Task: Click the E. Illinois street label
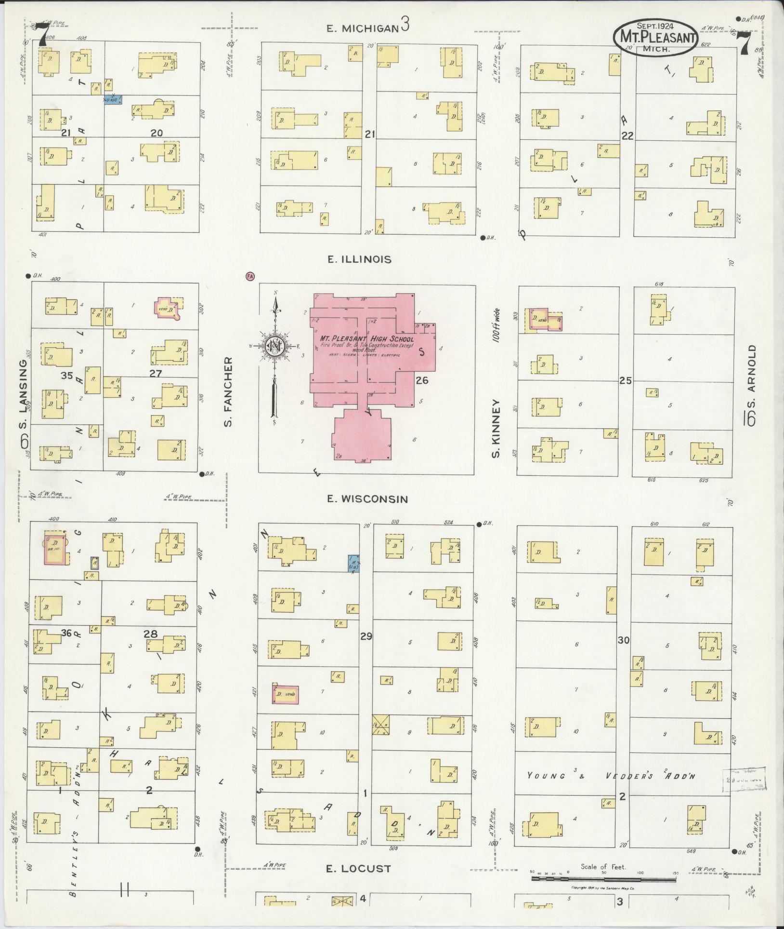coord(359,259)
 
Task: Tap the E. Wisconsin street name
coord(367,499)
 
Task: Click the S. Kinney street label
coord(497,428)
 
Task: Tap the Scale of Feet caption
coord(603,866)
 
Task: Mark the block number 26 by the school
coord(422,380)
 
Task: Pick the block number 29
coord(366,637)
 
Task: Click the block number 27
coord(156,373)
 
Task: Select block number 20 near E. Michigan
coord(157,133)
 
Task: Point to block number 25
coord(625,380)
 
